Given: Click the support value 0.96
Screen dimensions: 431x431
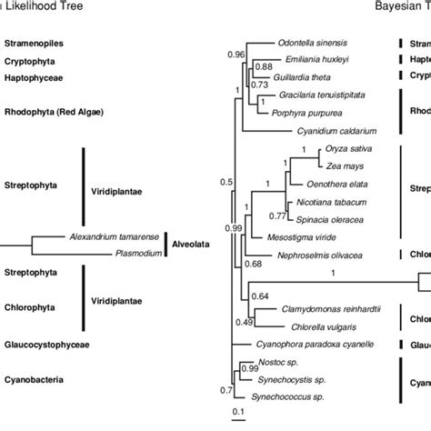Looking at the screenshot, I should [235, 55].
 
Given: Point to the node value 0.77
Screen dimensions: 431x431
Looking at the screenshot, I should [275, 215].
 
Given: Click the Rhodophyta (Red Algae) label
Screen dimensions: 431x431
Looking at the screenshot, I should [55, 112].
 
